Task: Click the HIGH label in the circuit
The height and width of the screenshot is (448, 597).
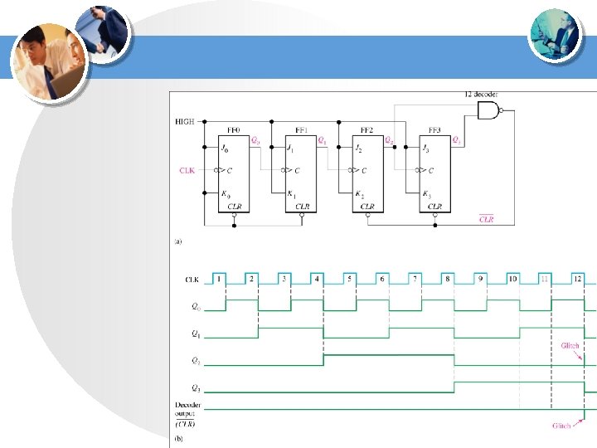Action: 184,121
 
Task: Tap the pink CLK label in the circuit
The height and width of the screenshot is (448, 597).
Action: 187,171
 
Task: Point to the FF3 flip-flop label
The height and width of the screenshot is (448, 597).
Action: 434,130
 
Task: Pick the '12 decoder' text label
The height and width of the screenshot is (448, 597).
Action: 483,95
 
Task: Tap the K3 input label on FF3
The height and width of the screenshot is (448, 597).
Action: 426,194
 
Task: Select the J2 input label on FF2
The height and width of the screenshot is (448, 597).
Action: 357,149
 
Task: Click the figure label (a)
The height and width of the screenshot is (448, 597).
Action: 177,241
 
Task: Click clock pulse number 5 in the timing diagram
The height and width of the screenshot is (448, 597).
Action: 349,280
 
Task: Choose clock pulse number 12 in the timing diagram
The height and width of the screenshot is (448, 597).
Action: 578,280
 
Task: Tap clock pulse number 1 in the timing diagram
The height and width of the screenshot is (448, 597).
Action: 219,280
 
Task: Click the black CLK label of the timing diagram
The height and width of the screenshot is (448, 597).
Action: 192,280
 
